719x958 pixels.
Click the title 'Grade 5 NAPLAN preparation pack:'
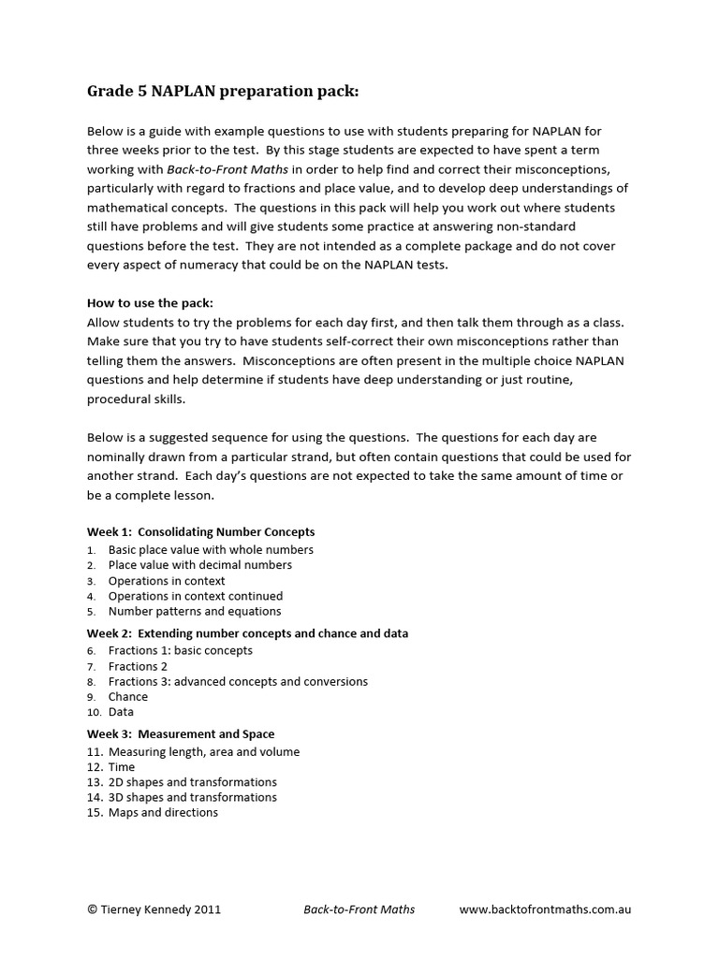tap(223, 92)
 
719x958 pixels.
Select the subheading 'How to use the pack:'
tap(150, 303)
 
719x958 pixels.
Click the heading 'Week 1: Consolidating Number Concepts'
tap(200, 531)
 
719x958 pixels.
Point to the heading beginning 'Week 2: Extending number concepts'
tap(247, 633)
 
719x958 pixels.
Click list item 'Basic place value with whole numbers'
tap(211, 550)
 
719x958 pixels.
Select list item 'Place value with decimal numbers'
tap(199, 565)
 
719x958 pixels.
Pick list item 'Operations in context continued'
tap(195, 596)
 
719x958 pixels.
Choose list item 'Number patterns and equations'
tap(194, 611)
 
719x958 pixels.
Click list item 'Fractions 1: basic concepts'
tap(180, 650)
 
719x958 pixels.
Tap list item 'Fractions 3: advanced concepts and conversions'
tap(238, 682)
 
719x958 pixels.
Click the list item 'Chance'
tap(128, 697)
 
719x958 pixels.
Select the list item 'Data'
tap(122, 712)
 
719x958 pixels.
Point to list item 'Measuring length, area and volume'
tap(204, 752)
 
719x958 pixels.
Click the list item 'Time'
tap(122, 767)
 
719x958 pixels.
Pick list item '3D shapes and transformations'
tap(193, 797)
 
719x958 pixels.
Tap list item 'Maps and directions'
tap(163, 813)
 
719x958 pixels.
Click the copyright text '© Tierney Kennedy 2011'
tap(154, 909)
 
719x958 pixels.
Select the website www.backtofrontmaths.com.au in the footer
tap(545, 909)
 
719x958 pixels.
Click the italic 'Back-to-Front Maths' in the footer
tap(359, 909)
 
